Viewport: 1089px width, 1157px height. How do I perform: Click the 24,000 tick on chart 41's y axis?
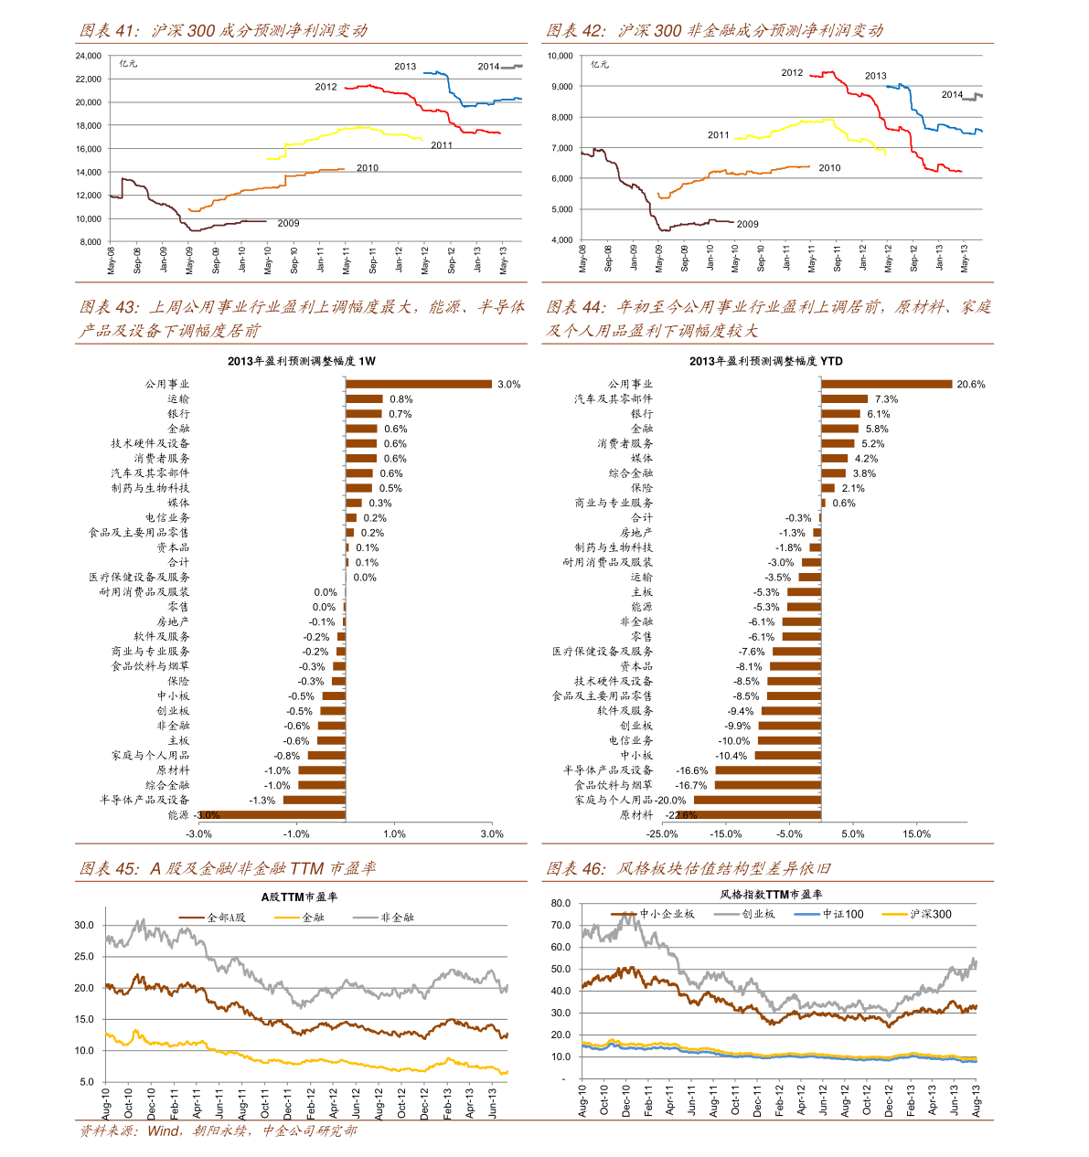click(88, 56)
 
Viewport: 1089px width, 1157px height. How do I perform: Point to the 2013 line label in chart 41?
click(405, 67)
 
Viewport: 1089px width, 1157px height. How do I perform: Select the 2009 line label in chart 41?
click(288, 224)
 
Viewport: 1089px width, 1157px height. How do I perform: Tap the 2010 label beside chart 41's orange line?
click(368, 168)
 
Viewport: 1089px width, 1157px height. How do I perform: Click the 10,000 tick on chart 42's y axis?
click(560, 56)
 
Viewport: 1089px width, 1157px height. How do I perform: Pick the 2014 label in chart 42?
click(952, 95)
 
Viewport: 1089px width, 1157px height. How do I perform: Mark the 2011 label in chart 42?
click(719, 135)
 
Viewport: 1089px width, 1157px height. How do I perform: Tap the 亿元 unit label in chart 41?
click(128, 64)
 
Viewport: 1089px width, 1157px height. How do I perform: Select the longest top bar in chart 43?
click(419, 384)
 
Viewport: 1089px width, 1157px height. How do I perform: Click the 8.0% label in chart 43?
click(209, 815)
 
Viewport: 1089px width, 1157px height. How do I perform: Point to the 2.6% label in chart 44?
click(687, 815)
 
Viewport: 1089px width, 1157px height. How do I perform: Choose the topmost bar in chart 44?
click(886, 384)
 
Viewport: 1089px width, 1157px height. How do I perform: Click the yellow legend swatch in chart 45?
click(287, 917)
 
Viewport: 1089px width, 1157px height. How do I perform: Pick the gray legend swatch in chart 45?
click(366, 917)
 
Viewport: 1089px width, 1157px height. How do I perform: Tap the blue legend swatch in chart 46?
click(806, 914)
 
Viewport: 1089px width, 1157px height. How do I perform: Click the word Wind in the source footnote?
click(164, 1131)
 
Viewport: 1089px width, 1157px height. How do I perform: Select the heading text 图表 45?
click(109, 868)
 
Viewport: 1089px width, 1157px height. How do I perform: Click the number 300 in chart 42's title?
click(667, 30)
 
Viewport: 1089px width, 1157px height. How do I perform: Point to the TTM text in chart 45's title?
click(306, 868)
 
